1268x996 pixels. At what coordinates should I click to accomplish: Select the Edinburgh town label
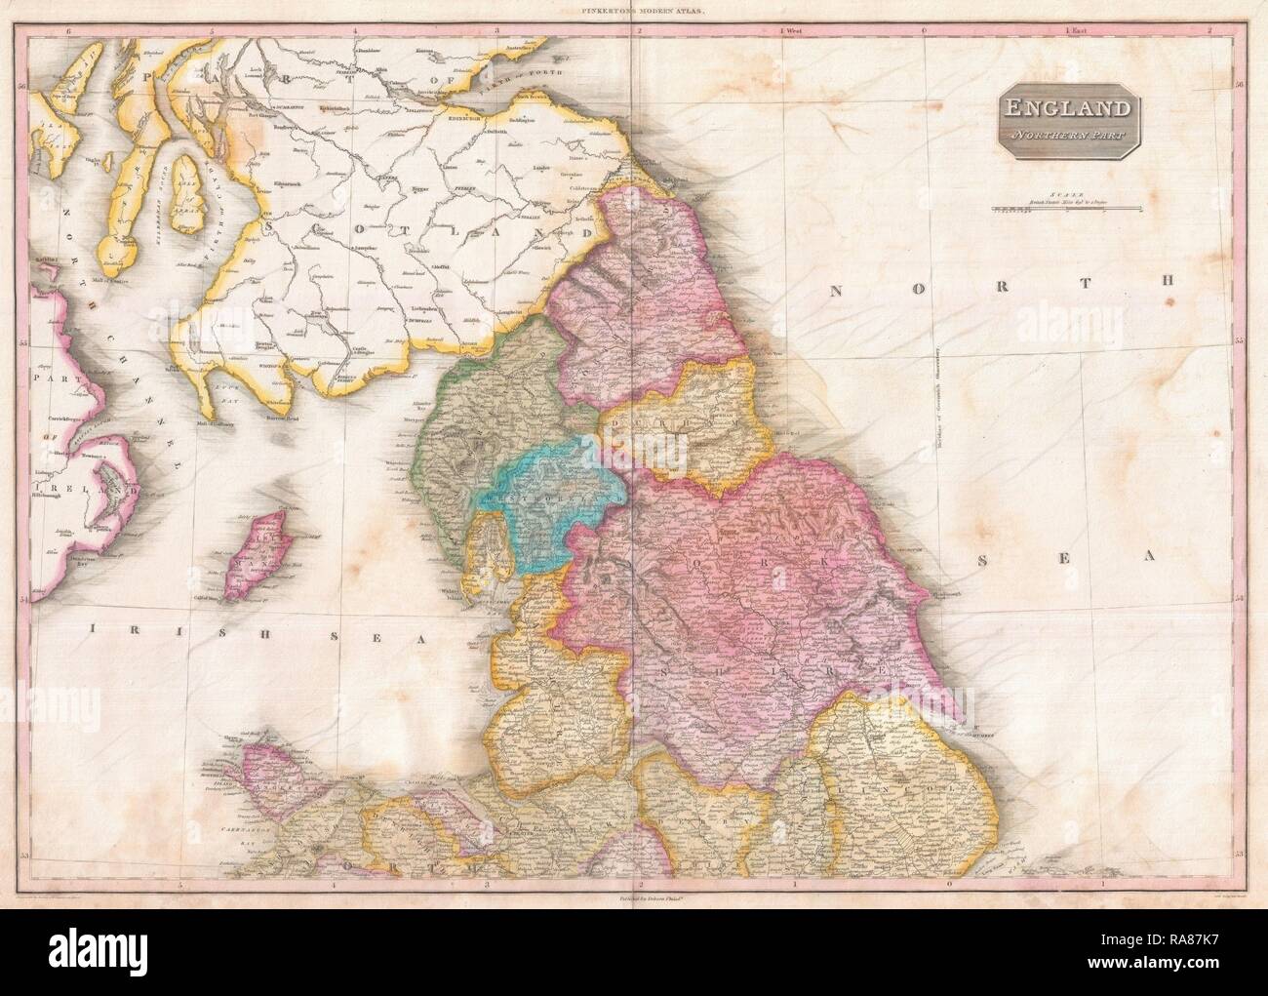pos(461,120)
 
